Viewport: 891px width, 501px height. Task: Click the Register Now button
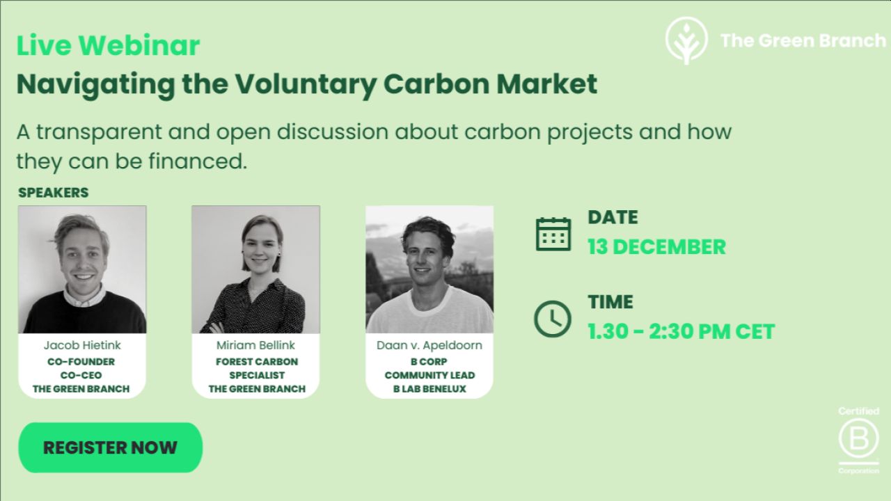pos(110,447)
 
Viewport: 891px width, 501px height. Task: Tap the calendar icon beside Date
pos(553,234)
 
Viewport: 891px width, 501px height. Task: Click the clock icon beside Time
pos(553,319)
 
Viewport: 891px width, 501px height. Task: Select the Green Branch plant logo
pos(686,40)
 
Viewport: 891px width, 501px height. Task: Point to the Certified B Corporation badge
pos(858,440)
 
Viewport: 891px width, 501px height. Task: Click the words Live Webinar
pos(108,45)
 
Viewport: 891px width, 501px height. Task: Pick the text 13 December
pos(656,246)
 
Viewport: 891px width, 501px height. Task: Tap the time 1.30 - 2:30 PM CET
pos(681,331)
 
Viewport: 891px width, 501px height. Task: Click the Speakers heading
pos(54,193)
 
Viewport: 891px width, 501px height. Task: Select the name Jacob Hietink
pos(82,345)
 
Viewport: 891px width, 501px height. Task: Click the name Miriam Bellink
pos(255,345)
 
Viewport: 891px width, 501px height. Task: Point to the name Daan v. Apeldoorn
pos(429,345)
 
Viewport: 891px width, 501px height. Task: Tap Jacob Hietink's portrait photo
pos(82,269)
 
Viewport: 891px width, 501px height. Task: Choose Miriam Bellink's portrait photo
pos(255,269)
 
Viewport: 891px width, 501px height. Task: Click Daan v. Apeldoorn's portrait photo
pos(429,269)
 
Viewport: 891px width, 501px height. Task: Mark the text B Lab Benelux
pos(429,389)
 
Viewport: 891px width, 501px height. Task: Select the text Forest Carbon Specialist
pos(257,368)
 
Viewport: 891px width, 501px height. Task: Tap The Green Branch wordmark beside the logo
pos(803,40)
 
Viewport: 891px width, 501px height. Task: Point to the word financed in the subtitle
pos(198,161)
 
